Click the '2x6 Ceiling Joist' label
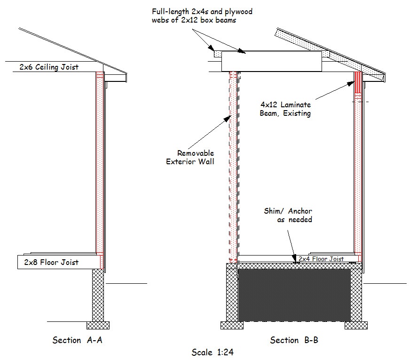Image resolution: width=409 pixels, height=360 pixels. pyautogui.click(x=49, y=67)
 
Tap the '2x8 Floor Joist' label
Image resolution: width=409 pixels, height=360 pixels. pyautogui.click(x=51, y=262)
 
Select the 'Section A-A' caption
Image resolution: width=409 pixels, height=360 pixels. pyautogui.click(x=77, y=340)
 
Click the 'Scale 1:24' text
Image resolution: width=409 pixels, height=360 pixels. pyautogui.click(x=212, y=352)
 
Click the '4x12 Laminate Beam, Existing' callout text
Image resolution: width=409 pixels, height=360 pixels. pyautogui.click(x=285, y=109)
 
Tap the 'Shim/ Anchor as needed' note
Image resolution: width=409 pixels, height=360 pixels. pyautogui.click(x=288, y=216)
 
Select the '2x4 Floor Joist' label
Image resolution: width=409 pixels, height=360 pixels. pyautogui.click(x=321, y=259)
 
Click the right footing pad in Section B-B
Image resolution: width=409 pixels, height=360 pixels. pyautogui.click(x=356, y=325)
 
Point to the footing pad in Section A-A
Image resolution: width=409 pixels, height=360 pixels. pyautogui.click(x=98, y=325)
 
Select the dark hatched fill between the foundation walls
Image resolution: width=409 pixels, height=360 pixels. pyautogui.click(x=294, y=295)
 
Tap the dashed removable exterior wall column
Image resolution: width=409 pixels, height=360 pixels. pyautogui.click(x=234, y=165)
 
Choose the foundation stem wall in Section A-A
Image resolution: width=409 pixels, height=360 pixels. pyautogui.click(x=98, y=295)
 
